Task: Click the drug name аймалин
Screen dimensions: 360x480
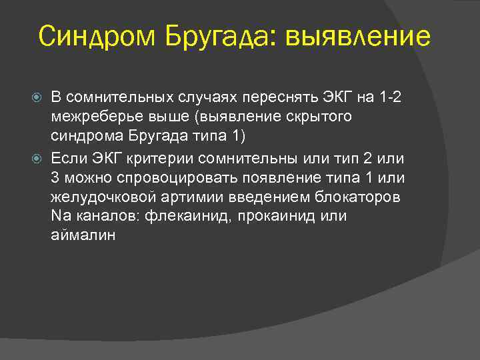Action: click(83, 235)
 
